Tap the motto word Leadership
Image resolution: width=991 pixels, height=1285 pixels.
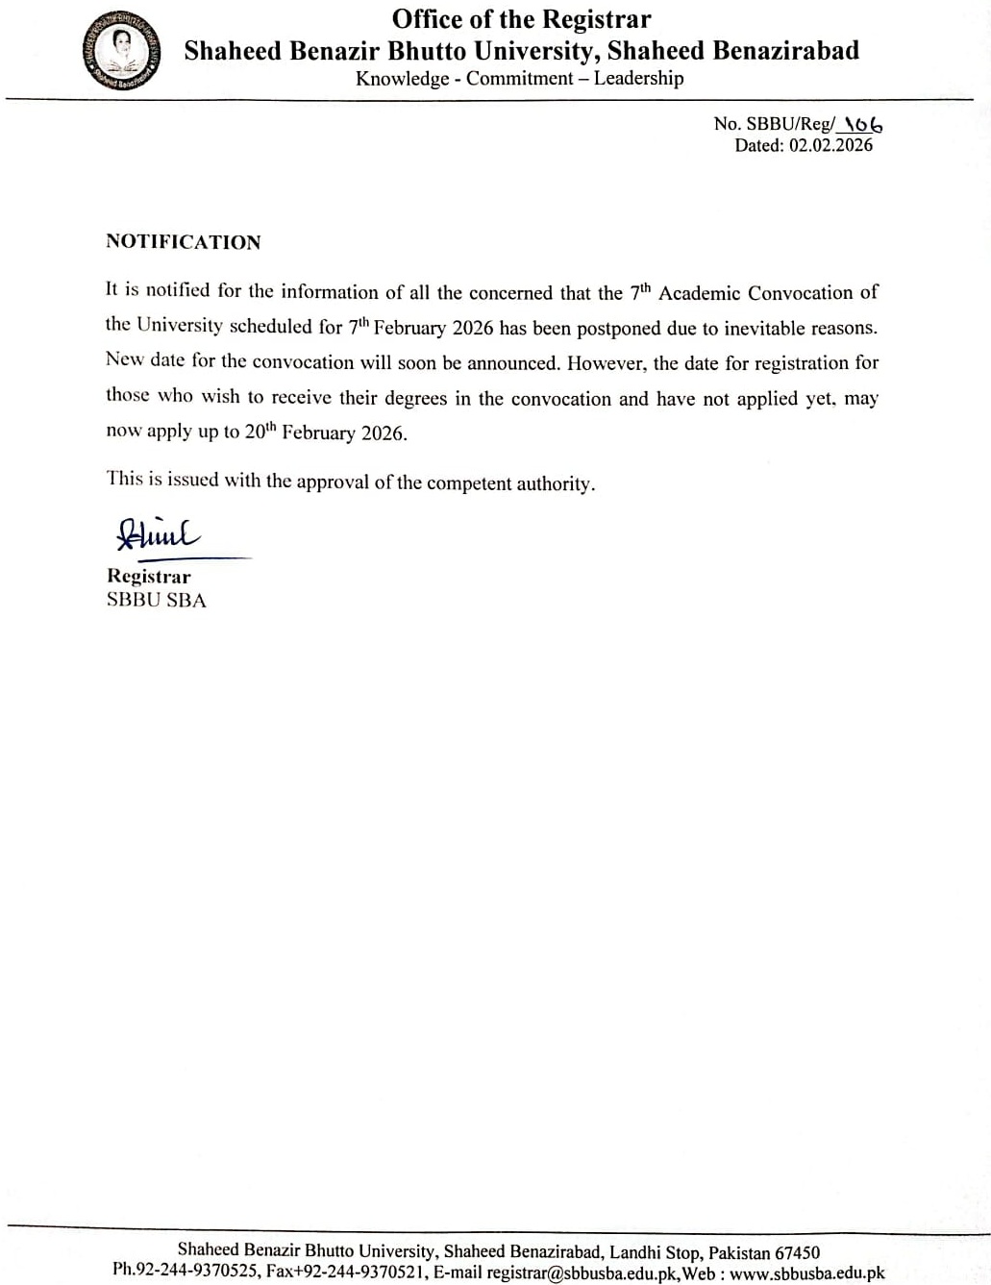click(x=638, y=79)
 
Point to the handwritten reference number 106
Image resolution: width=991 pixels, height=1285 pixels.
click(x=863, y=124)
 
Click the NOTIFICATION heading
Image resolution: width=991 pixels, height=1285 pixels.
click(x=183, y=242)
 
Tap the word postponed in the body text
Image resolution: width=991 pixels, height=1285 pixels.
click(x=618, y=328)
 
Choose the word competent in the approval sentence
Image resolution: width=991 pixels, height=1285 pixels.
click(x=468, y=483)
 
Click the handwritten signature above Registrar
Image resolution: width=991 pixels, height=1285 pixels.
click(x=158, y=534)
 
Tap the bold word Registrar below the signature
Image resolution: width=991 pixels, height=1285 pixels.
click(x=149, y=577)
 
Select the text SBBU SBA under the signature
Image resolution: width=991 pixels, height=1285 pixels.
click(x=157, y=601)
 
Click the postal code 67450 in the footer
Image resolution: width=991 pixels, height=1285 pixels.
click(x=797, y=1252)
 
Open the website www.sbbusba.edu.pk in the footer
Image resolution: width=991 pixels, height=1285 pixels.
click(x=806, y=1273)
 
